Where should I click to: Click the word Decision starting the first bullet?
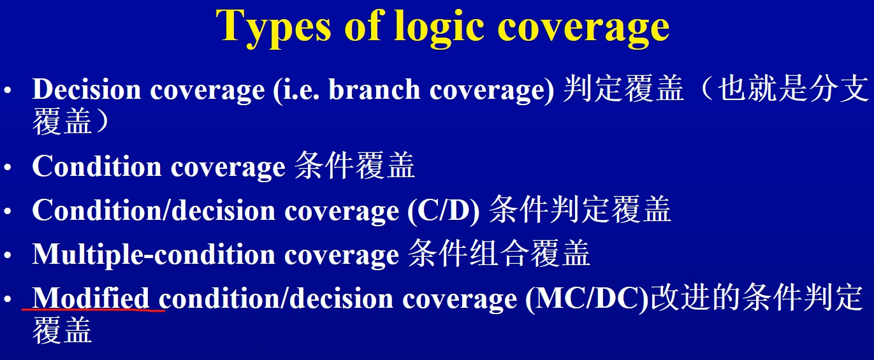pos(86,89)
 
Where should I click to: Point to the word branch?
pos(374,89)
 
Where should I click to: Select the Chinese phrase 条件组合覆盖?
pos(499,254)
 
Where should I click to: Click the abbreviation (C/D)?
pos(443,211)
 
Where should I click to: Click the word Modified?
pos(91,298)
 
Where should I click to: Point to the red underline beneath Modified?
pos(93,310)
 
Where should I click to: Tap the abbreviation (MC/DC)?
pos(587,299)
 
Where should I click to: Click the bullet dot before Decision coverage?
pos(8,90)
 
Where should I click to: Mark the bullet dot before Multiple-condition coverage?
pos(8,256)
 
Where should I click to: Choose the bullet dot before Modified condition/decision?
pos(8,299)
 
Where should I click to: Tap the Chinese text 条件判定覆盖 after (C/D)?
pos(580,210)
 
